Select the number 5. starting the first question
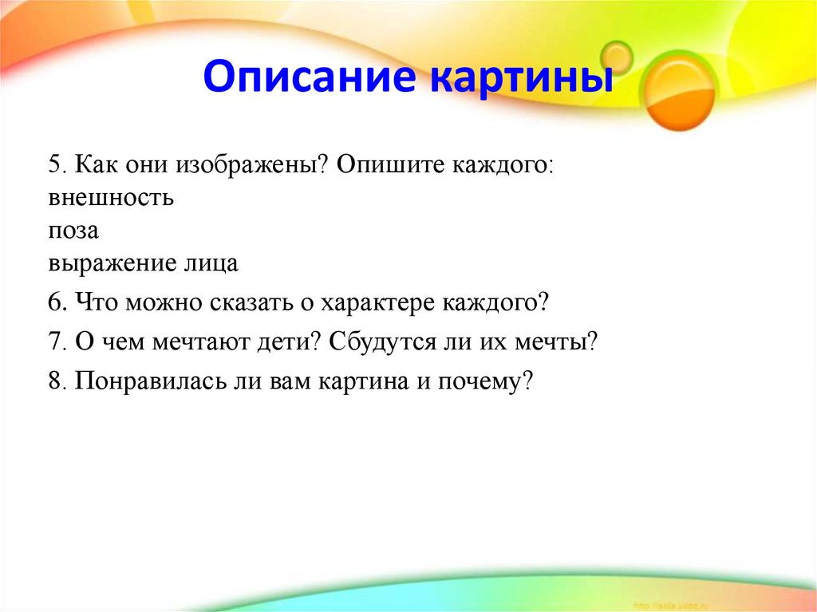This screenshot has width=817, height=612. (58, 165)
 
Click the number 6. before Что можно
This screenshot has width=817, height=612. (58, 303)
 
